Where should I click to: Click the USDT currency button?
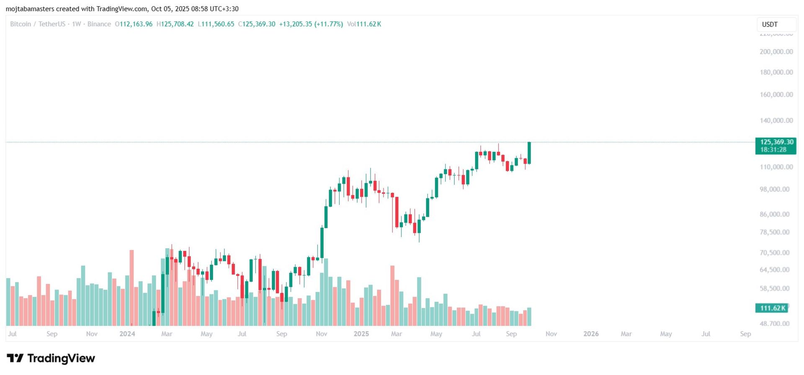point(770,24)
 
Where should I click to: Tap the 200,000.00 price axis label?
point(776,52)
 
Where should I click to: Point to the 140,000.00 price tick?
point(776,120)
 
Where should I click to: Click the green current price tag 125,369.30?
point(776,142)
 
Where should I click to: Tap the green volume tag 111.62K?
point(772,308)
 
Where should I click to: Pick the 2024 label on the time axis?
point(127,334)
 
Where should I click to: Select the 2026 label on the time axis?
point(591,334)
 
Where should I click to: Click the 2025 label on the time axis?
point(361,334)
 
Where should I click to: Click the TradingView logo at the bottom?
point(51,358)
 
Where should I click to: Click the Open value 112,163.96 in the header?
point(136,24)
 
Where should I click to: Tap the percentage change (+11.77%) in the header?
point(328,24)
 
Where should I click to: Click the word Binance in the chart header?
point(99,24)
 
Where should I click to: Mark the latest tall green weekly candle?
point(529,153)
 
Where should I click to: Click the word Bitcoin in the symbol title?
point(21,24)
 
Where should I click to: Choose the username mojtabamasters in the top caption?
point(30,9)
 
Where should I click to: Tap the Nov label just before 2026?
point(551,334)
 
